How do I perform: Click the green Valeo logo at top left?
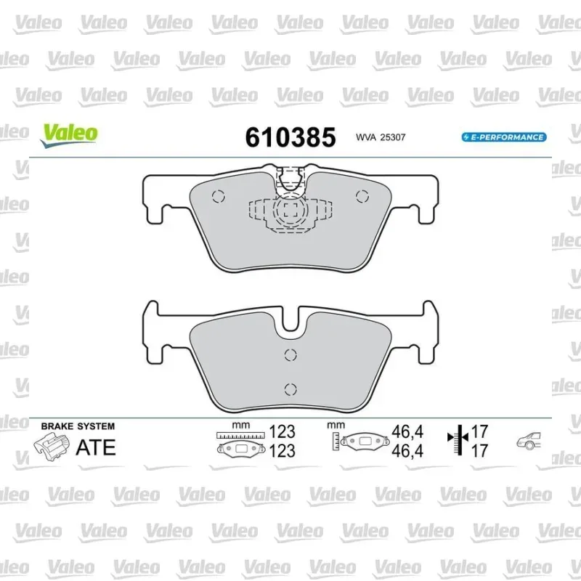tap(68, 136)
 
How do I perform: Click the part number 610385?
tap(290, 137)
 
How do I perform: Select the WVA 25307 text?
tap(381, 137)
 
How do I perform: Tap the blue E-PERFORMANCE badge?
tap(504, 137)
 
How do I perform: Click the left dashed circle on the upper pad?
tap(219, 196)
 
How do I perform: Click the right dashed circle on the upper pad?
tap(362, 196)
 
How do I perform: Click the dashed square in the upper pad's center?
tap(290, 211)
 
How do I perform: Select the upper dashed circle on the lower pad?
tap(290, 355)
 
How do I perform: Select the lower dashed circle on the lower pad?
tap(290, 389)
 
